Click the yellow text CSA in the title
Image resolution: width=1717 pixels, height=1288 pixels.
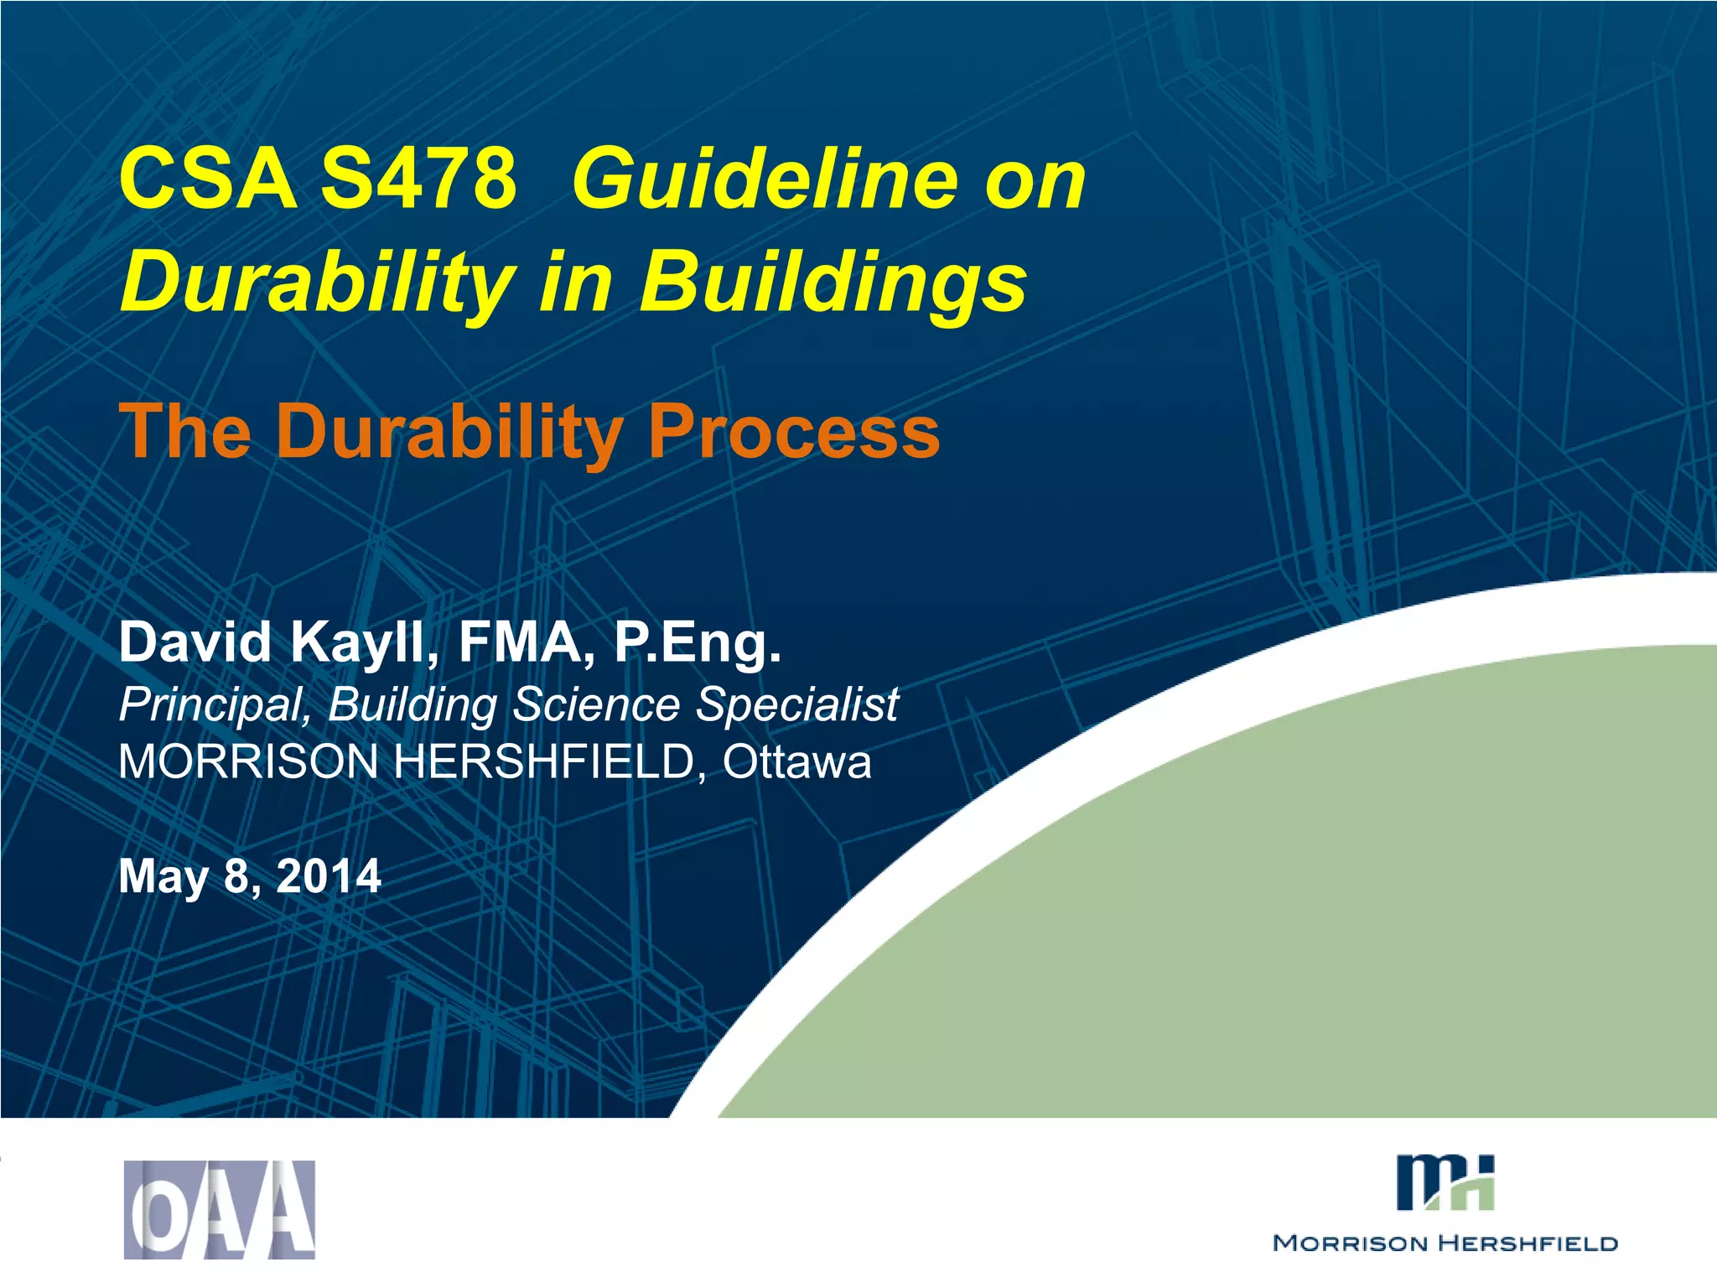[208, 179]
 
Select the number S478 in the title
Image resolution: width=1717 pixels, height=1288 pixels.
[418, 179]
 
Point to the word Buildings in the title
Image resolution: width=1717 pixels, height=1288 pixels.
[833, 282]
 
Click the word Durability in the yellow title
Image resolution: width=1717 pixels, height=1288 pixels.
[317, 282]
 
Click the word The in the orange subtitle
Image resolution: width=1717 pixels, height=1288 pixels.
[185, 432]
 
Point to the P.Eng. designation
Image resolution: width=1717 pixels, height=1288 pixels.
[698, 643]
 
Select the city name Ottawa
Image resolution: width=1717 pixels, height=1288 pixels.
[797, 762]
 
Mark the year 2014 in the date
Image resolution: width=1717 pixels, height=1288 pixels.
[329, 876]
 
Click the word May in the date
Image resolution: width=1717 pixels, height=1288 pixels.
[163, 876]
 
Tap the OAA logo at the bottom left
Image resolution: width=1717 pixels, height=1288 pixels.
[220, 1209]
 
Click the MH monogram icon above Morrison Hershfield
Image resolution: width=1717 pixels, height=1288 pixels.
[1445, 1183]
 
